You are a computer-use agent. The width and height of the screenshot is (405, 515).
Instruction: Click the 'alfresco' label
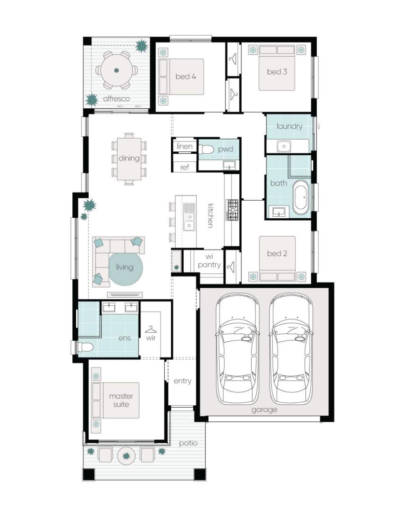[117, 98]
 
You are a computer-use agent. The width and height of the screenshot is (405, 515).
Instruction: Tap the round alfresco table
[117, 70]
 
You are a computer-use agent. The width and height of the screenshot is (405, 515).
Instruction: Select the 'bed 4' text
[186, 77]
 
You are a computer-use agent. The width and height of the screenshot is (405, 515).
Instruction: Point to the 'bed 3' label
[277, 71]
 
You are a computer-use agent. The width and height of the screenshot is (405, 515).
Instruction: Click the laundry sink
[283, 146]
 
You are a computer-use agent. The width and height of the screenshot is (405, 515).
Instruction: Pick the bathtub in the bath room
[301, 197]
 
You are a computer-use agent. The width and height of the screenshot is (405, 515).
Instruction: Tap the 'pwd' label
[225, 150]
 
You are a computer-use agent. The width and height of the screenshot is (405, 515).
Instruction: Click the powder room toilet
[206, 150]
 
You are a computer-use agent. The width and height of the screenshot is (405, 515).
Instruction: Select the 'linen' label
[184, 146]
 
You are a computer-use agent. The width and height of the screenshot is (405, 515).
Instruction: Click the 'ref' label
[185, 168]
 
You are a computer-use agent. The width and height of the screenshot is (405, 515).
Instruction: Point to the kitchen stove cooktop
[232, 210]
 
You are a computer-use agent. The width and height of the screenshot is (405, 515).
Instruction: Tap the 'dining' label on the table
[129, 158]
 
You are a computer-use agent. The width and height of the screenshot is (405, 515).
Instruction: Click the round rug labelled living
[126, 269]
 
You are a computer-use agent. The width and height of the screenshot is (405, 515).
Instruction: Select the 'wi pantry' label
[209, 260]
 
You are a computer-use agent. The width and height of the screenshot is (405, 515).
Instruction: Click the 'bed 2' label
[277, 254]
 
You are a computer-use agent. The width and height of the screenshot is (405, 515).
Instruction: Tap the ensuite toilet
[85, 347]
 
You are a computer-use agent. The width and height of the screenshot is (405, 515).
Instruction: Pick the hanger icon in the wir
[151, 329]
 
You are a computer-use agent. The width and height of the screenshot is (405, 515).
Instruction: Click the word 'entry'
[182, 381]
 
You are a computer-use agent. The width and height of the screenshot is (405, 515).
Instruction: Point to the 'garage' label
[264, 410]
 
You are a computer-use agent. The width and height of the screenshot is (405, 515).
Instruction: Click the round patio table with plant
[126, 456]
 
